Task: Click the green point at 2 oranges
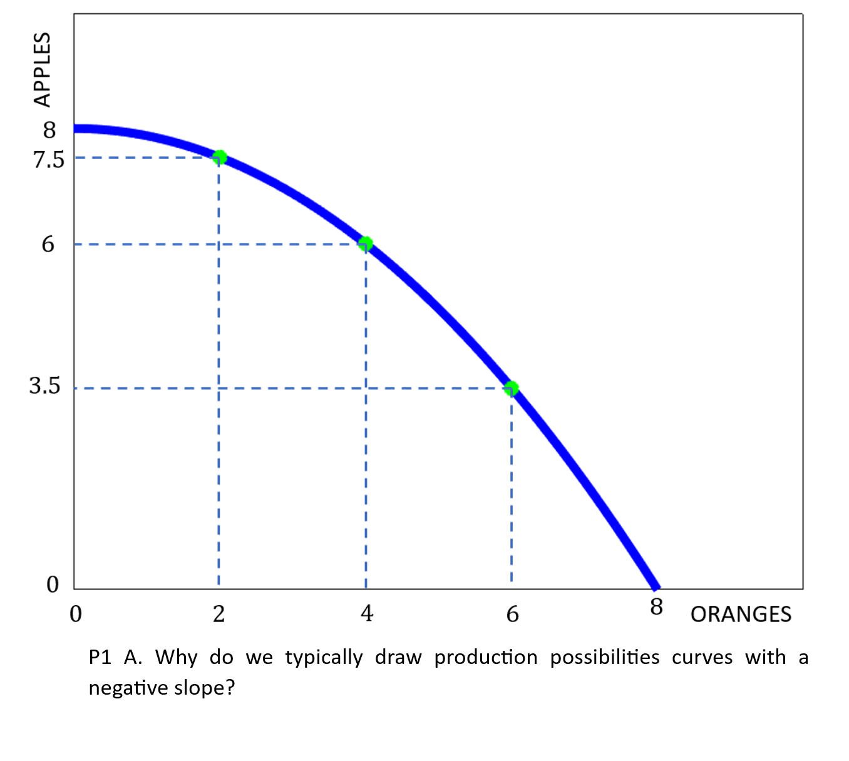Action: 219,157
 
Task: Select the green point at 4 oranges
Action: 366,243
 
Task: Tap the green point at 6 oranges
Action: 512,389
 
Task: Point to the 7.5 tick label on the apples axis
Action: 49,160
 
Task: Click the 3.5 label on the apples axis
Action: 45,386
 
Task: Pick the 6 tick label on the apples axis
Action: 48,244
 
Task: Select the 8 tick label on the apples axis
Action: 49,130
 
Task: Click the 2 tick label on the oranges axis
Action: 219,614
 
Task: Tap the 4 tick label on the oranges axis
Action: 367,613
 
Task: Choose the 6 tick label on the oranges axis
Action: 513,614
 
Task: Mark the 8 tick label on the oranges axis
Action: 656,606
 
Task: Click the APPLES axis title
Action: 42,70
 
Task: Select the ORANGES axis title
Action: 741,615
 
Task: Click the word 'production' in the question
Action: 486,657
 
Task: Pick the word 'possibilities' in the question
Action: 605,657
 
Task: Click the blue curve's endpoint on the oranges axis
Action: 656,588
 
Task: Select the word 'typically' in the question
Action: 324,658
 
